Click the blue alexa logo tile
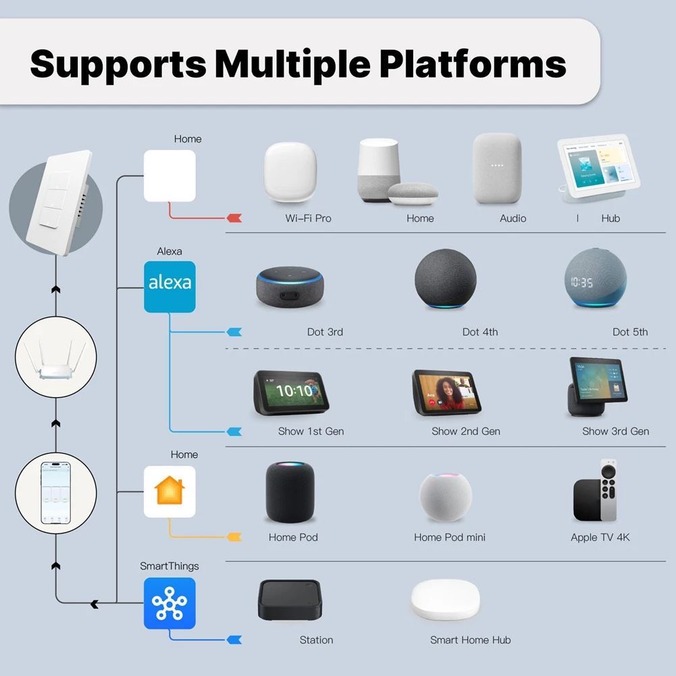click(170, 286)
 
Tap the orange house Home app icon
click(170, 491)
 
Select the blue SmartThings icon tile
click(170, 603)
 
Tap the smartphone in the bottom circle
click(56, 492)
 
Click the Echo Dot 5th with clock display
click(594, 279)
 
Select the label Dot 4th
click(480, 332)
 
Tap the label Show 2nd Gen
click(466, 431)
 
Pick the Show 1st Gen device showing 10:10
click(291, 392)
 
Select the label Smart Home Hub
click(471, 640)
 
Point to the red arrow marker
click(234, 218)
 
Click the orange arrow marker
click(234, 537)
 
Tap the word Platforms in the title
click(472, 63)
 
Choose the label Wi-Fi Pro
click(308, 218)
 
